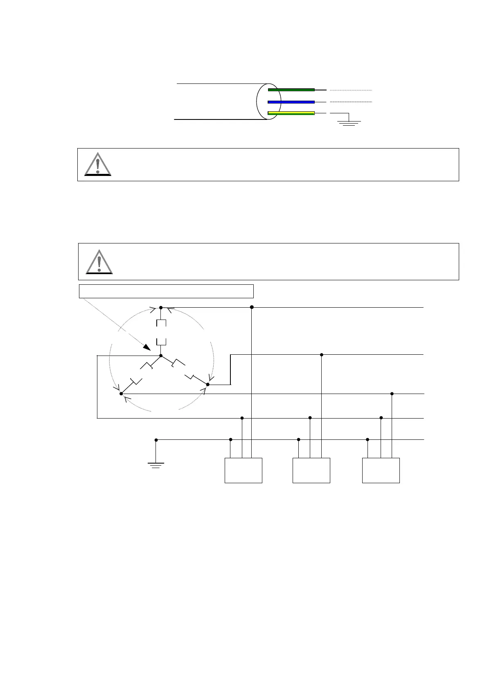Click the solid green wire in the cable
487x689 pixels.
pyautogui.click(x=291, y=90)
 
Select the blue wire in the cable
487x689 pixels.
pyautogui.click(x=291, y=102)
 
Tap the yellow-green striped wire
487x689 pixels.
pyautogui.click(x=291, y=113)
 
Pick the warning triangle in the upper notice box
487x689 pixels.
pyautogui.click(x=98, y=164)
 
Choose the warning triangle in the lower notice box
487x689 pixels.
pyautogui.click(x=99, y=262)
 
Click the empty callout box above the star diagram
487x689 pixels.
pyautogui.click(x=166, y=291)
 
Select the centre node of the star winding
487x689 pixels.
pyautogui.click(x=161, y=356)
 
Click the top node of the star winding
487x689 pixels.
pyautogui.click(x=161, y=307)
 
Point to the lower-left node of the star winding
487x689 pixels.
pyautogui.click(x=121, y=394)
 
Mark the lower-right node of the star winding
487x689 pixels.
pyautogui.click(x=207, y=385)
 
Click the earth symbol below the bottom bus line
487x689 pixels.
pyautogui.click(x=156, y=464)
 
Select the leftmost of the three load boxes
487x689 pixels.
pyautogui.click(x=243, y=471)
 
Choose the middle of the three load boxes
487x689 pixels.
pyautogui.click(x=311, y=471)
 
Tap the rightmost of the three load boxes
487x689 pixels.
pyautogui.click(x=381, y=471)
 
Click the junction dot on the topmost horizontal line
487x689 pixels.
pyautogui.click(x=252, y=307)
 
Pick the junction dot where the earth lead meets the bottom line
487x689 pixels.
pyautogui.click(x=156, y=440)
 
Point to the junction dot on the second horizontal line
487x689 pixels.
pyautogui.click(x=322, y=355)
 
